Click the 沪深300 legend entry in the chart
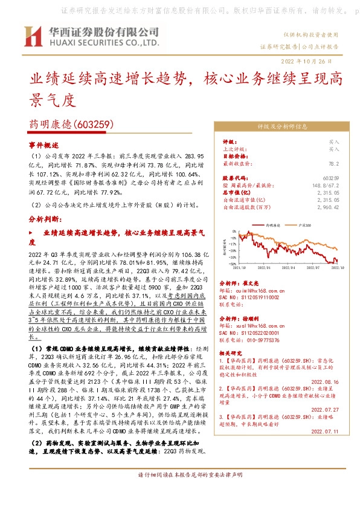(x=305, y=224)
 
